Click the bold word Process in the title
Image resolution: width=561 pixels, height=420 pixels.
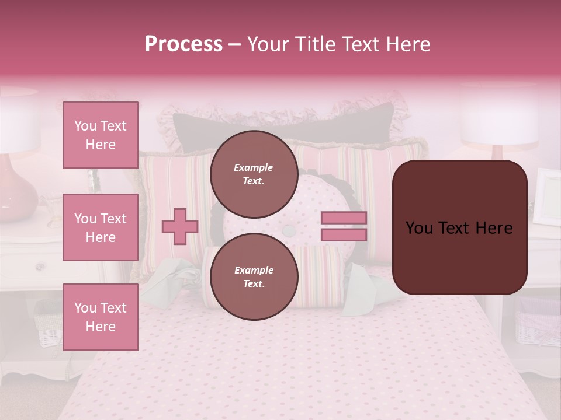(183, 44)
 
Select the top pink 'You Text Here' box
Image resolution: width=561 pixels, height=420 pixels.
(101, 135)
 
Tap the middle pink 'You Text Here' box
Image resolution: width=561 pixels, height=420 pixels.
(101, 228)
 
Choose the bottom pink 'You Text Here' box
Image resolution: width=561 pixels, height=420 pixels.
(101, 317)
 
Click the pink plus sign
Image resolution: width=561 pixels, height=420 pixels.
(179, 227)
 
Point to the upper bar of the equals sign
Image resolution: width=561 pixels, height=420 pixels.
(344, 218)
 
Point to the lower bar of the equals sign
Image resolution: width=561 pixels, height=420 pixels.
(344, 235)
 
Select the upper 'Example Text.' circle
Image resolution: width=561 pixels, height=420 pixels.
(254, 174)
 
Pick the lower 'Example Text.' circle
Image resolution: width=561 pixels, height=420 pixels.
(254, 276)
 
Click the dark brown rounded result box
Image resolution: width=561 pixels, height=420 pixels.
(459, 228)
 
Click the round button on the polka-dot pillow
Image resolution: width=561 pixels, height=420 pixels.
(288, 231)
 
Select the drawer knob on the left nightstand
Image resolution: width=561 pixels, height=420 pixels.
(40, 267)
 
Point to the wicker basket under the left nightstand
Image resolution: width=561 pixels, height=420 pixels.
(48, 324)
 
